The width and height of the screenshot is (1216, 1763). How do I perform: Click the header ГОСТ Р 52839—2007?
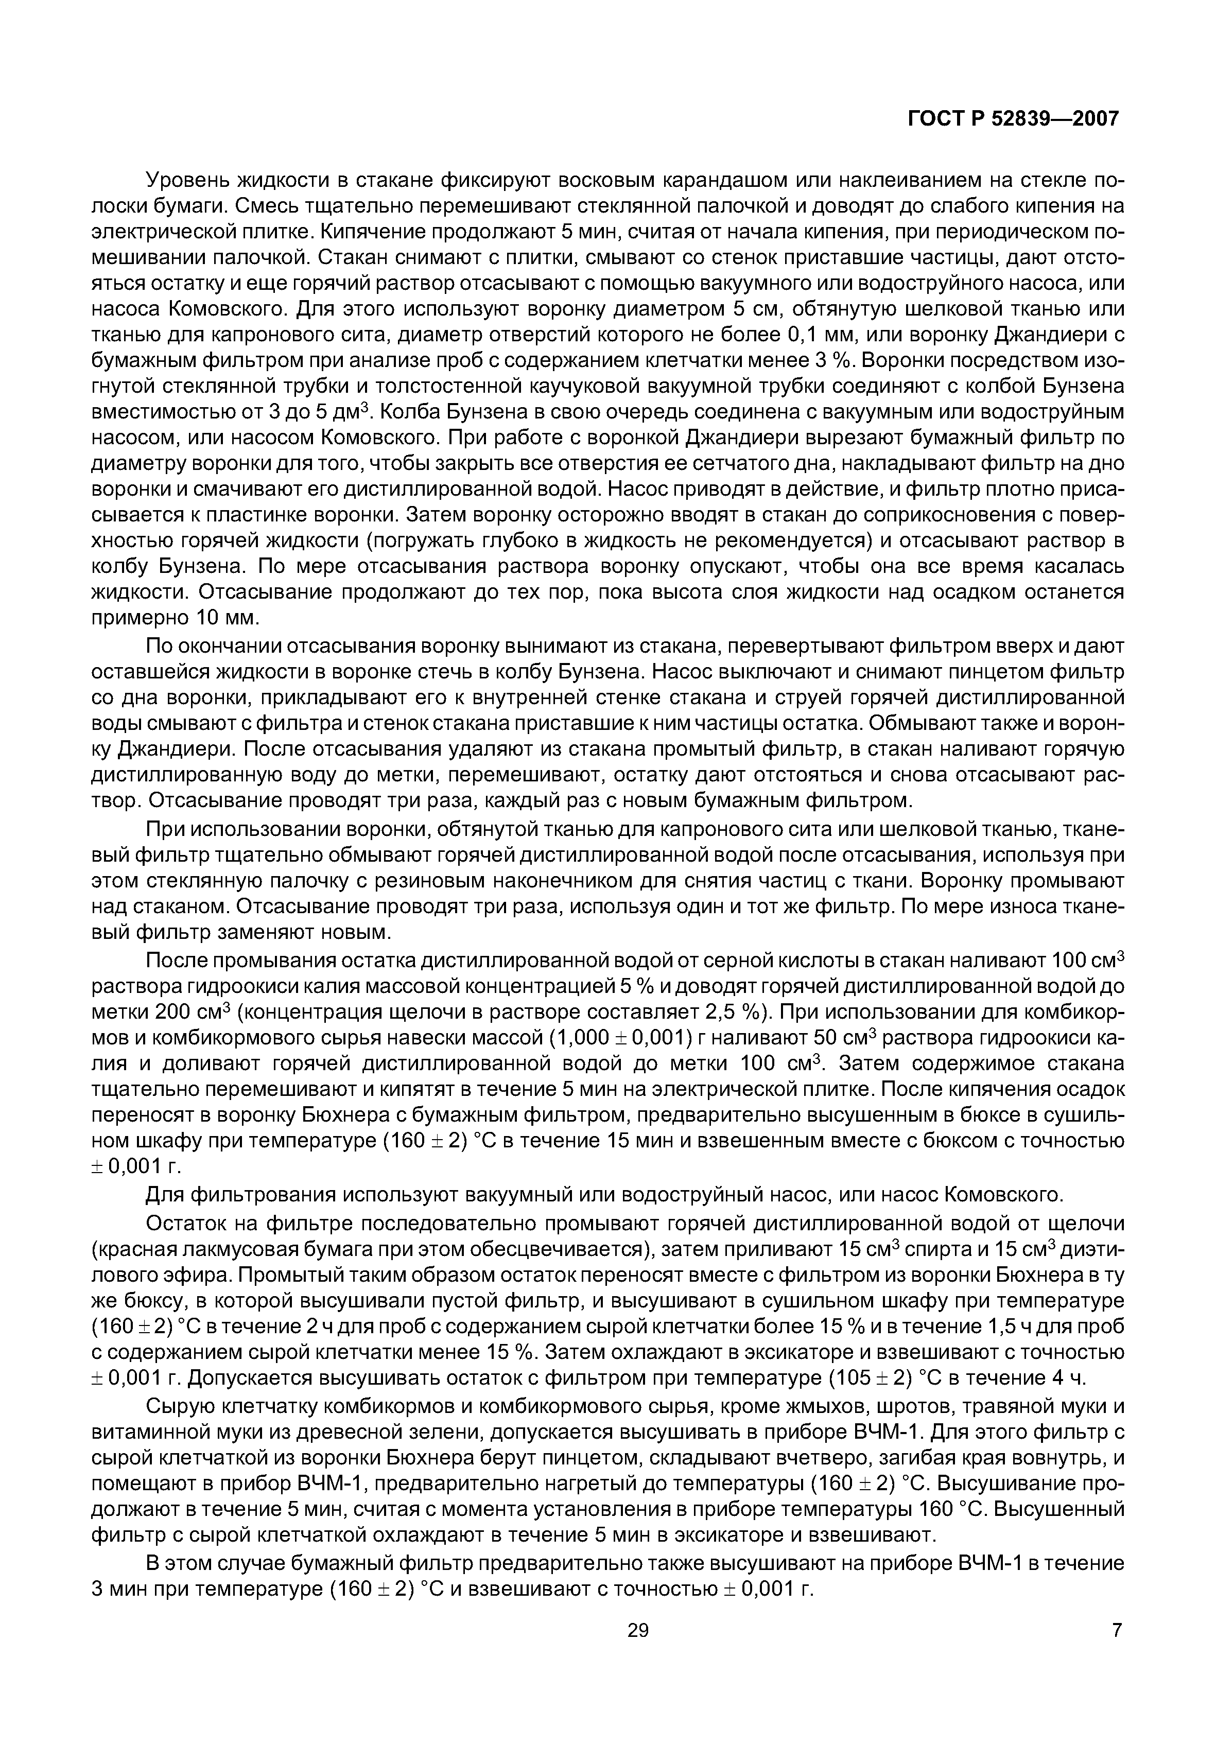[1013, 119]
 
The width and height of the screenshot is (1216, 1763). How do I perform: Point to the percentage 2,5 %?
[735, 1013]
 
